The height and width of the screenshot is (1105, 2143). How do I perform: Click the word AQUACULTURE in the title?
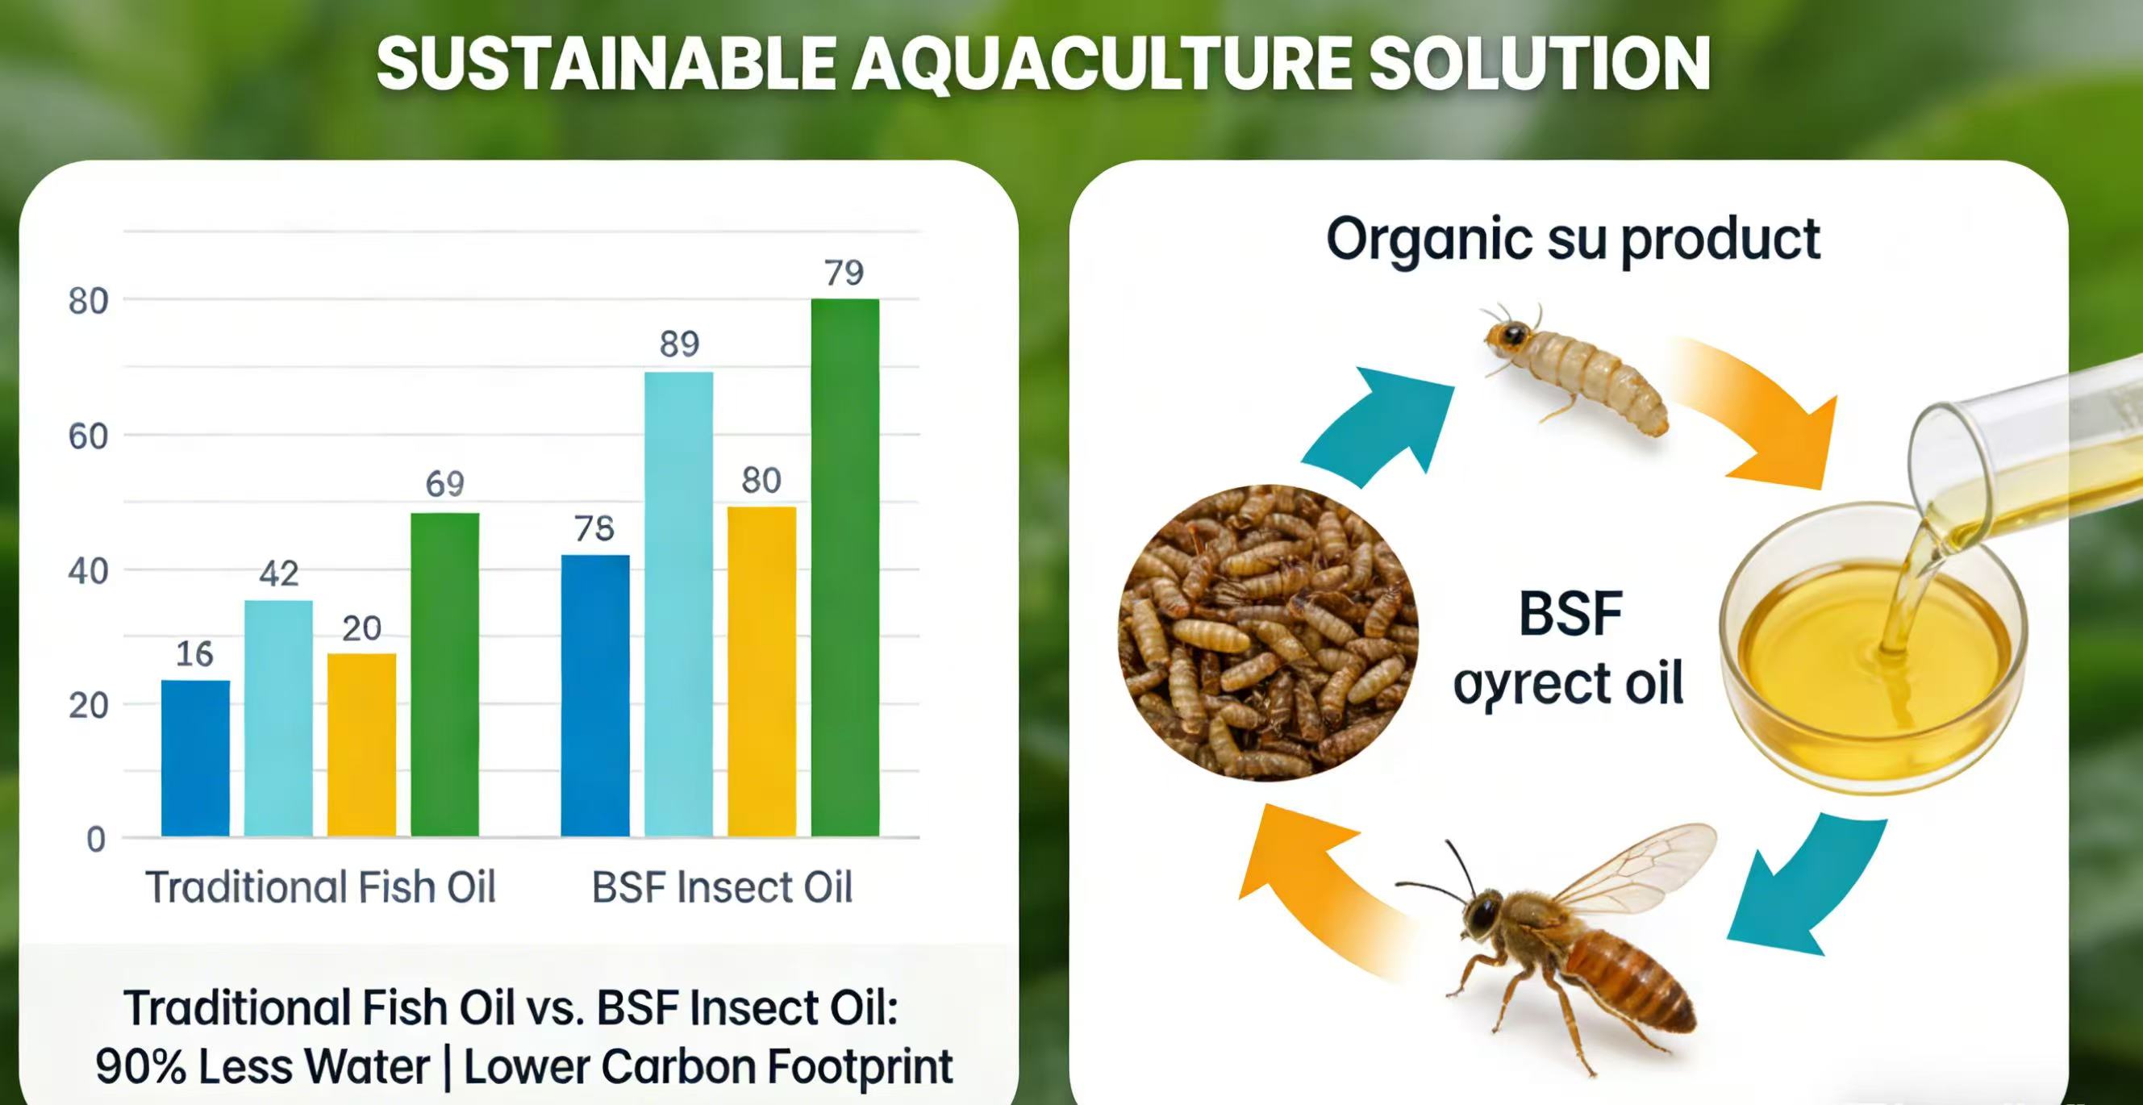pos(1103,64)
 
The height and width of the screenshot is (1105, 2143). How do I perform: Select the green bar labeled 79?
pos(844,566)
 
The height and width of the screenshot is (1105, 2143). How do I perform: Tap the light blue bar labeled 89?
pos(678,603)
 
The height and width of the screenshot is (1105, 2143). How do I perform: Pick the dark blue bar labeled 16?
pos(195,757)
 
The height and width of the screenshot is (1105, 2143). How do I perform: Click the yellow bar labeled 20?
pos(361,744)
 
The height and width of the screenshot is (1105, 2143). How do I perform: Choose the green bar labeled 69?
pos(444,674)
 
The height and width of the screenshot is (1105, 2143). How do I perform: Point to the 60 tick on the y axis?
pos(88,437)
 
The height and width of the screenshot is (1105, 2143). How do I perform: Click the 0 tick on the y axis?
pos(96,839)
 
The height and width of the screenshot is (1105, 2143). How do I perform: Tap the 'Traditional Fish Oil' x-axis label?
pos(320,887)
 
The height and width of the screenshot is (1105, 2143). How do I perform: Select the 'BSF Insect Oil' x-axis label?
pos(722,887)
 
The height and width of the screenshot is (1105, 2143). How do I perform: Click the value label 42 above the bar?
pos(279,573)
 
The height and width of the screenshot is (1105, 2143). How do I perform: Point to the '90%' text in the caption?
pos(140,1067)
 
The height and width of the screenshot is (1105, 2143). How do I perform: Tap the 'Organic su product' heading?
pos(1572,240)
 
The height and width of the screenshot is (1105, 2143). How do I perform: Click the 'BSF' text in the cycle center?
pos(1570,614)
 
